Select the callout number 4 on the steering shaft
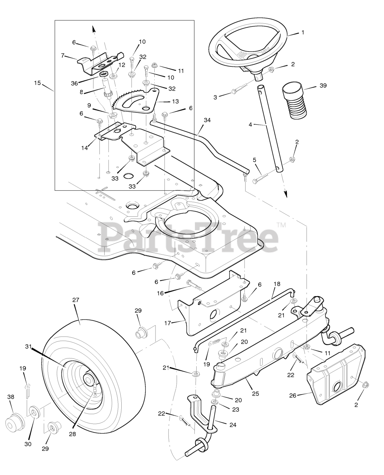[250, 125]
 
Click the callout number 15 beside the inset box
[37, 83]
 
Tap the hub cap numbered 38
[14, 422]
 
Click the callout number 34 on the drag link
[207, 120]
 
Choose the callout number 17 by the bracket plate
[168, 323]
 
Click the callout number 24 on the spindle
[233, 425]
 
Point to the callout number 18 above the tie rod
[277, 284]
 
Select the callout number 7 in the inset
[63, 56]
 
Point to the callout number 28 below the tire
[72, 434]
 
